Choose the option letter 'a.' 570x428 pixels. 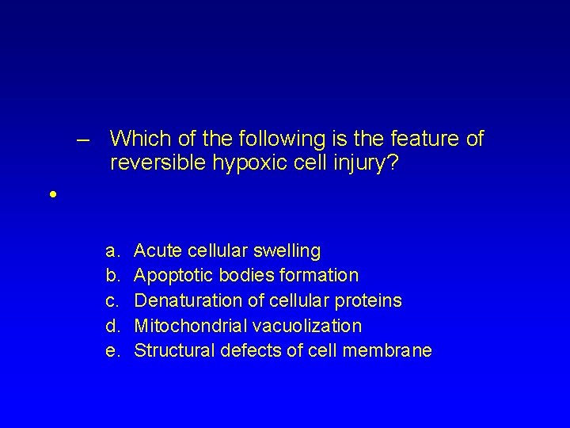pyautogui.click(x=112, y=252)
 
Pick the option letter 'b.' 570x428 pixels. pyautogui.click(x=112, y=276)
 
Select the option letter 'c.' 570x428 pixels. pyautogui.click(x=112, y=301)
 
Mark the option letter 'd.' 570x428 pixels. pyautogui.click(x=112, y=326)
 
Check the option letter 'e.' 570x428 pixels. pyautogui.click(x=112, y=350)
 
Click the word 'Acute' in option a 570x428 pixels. pyautogui.click(x=157, y=252)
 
